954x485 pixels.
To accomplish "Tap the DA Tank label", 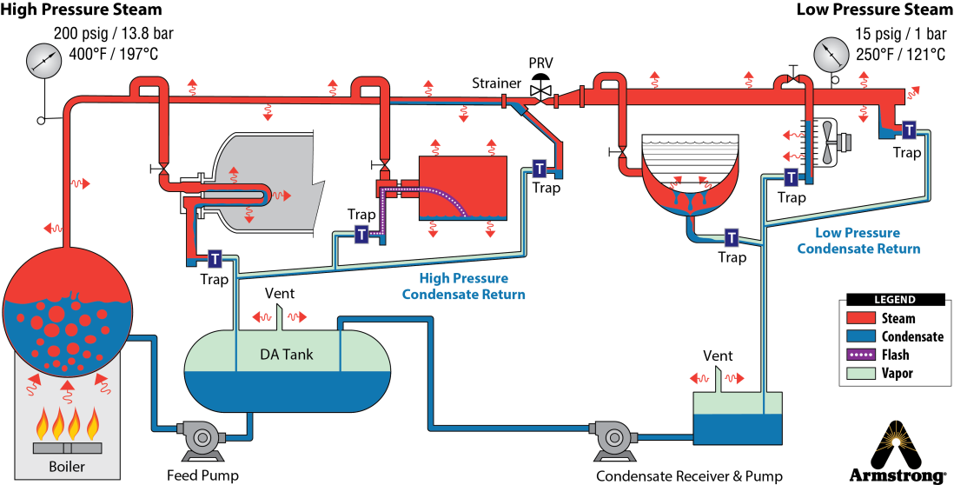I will (287, 354).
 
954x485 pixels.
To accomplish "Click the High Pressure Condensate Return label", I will (463, 286).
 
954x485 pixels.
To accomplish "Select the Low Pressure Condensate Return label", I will (858, 241).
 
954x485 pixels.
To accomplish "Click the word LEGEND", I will (894, 300).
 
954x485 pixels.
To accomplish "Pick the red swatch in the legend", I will (861, 317).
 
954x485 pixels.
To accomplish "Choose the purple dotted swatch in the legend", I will (861, 355).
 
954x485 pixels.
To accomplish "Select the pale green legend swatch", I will (861, 374).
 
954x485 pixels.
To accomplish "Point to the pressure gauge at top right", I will (831, 55).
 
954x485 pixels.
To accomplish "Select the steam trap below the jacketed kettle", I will (732, 237).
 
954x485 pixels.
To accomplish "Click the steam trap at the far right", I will (909, 130).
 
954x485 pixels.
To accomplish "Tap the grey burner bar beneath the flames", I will (67, 448).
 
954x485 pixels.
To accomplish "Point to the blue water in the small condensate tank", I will (737, 428).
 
